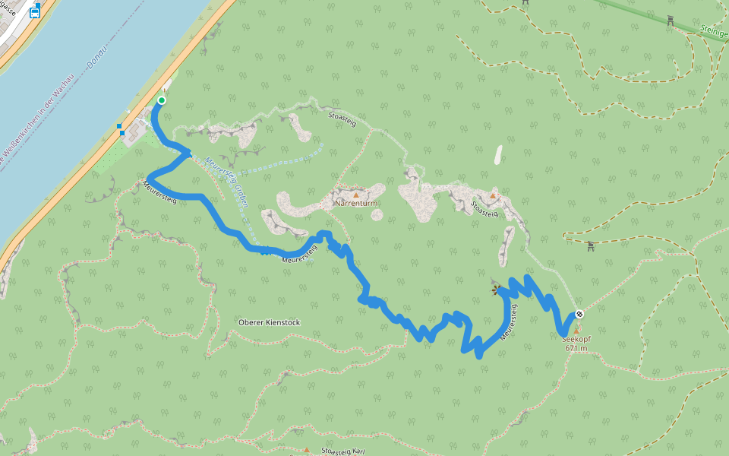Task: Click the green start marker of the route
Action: click(161, 100)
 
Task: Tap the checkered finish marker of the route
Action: click(579, 314)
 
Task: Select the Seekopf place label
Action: click(576, 340)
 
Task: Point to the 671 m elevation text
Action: click(576, 349)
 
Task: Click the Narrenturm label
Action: click(355, 204)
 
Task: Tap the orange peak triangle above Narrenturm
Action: click(355, 195)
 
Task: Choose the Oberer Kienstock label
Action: click(269, 322)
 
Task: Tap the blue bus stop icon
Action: click(35, 11)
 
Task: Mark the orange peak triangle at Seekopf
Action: click(576, 331)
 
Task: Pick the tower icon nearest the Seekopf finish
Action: click(590, 245)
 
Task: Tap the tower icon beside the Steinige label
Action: click(670, 21)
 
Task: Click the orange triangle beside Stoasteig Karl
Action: click(307, 449)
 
